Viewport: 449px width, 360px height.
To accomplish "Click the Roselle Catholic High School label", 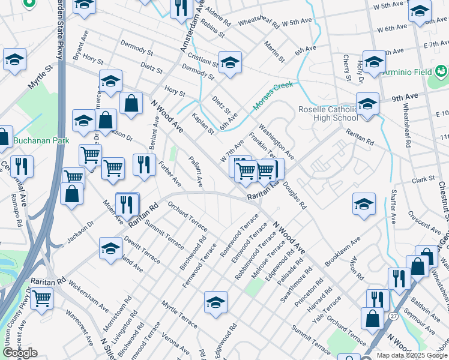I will pos(328,113).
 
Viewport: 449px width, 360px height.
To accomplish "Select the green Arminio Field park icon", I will pos(442,72).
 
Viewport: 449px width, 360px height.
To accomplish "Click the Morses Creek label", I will pos(273,95).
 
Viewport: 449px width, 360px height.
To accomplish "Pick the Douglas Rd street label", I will pos(294,194).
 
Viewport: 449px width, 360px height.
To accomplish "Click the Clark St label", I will pos(423,179).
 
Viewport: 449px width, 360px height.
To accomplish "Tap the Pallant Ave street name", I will pos(196,172).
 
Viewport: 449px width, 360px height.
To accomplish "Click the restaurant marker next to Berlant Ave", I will pos(143,164).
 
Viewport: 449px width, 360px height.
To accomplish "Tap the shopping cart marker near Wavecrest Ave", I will pos(42,297).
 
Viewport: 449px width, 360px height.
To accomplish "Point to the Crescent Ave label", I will pos(423,223).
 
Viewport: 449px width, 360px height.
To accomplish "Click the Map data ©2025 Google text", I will pos(412,355).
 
